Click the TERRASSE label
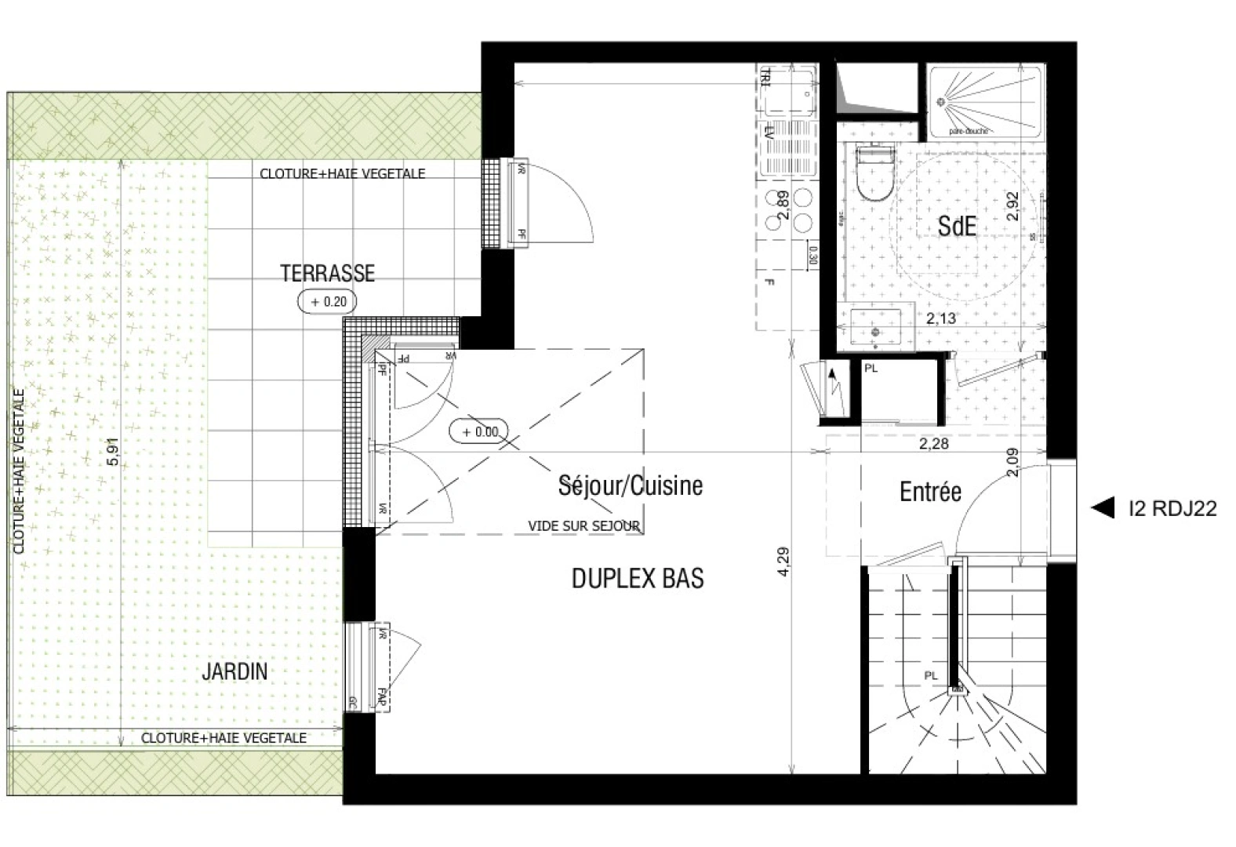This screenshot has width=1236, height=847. (x=328, y=273)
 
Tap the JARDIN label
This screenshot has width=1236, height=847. (x=234, y=671)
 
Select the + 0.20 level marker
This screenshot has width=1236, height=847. (x=327, y=301)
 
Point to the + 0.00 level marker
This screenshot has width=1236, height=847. (x=479, y=431)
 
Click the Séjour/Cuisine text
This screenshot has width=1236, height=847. (x=630, y=485)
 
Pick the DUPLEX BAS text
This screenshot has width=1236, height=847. (x=637, y=579)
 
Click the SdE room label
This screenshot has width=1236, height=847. (x=957, y=227)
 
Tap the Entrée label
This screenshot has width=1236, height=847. (x=930, y=493)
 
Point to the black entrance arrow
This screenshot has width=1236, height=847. (x=1103, y=508)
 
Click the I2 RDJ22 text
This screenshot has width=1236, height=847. (x=1172, y=509)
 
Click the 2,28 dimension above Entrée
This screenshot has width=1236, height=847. (x=933, y=445)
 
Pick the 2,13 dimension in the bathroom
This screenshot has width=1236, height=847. (x=940, y=318)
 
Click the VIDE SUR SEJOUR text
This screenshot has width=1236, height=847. (x=583, y=526)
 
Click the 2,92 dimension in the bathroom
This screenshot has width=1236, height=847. (x=1012, y=206)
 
